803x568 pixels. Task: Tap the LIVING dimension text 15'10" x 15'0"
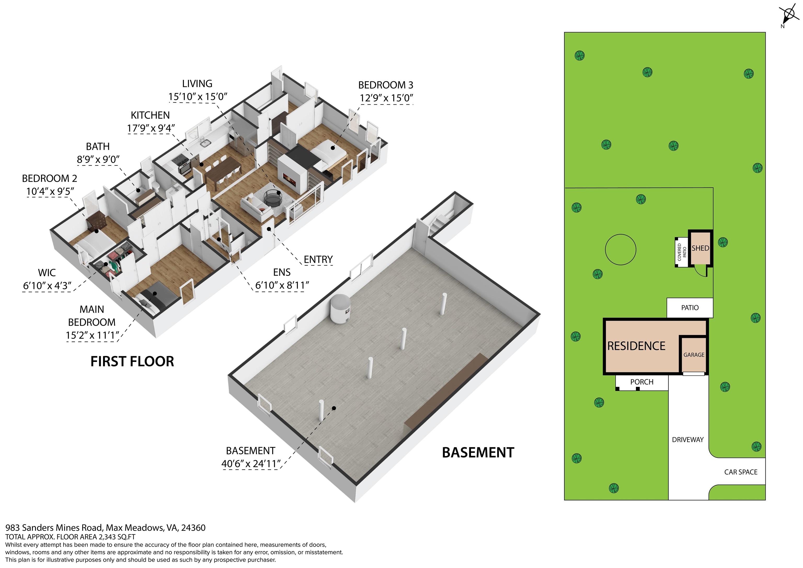(198, 96)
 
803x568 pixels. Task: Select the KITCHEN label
(150, 115)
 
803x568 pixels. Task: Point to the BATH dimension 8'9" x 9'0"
(98, 159)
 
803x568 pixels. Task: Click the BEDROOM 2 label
(49, 179)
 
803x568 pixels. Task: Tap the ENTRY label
(318, 259)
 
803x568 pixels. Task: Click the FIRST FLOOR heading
(132, 361)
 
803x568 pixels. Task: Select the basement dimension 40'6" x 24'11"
(251, 464)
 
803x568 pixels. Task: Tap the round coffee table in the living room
(271, 198)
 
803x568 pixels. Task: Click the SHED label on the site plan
(700, 248)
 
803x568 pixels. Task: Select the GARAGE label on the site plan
(694, 355)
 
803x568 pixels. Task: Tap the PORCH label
(642, 382)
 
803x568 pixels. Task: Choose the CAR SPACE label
(741, 472)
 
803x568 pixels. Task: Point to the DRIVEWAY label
(687, 440)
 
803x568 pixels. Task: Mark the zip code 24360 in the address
(193, 528)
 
